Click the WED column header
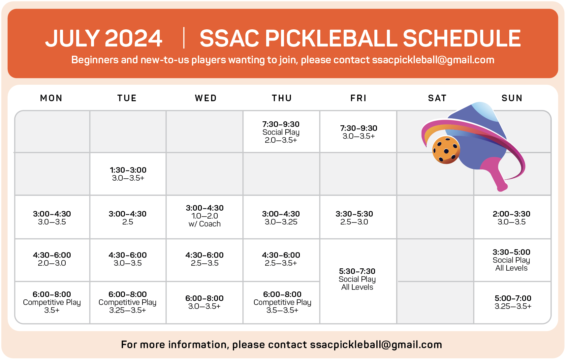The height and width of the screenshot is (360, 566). [x=206, y=98]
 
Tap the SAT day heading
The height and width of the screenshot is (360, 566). [x=437, y=98]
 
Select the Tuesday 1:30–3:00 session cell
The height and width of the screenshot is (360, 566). [x=128, y=174]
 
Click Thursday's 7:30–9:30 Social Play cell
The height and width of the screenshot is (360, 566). [x=281, y=132]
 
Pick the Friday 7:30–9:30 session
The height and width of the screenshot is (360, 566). [x=359, y=132]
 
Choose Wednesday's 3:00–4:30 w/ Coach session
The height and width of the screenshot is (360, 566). [x=204, y=216]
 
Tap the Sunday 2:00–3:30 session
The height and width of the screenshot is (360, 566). [x=512, y=218]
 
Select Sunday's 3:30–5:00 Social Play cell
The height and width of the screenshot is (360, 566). [x=512, y=260]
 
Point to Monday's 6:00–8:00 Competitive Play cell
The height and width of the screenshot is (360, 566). [x=52, y=302]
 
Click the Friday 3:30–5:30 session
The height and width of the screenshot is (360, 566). [x=354, y=218]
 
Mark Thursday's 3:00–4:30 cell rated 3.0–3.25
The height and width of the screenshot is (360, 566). [x=281, y=218]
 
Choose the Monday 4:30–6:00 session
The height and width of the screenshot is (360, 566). [x=52, y=259]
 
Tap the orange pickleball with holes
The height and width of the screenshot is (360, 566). [x=446, y=150]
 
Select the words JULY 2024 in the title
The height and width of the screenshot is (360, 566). [x=104, y=38]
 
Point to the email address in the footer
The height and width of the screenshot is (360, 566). [x=376, y=345]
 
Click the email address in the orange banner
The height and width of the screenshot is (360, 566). [x=433, y=60]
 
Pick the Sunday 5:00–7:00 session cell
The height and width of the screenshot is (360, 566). [x=513, y=302]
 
